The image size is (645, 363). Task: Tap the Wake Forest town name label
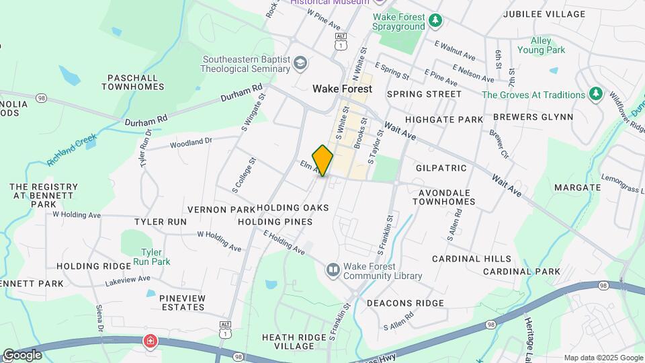click(x=342, y=89)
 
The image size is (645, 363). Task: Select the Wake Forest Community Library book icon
click(x=333, y=270)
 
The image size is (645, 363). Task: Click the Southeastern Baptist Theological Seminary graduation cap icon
click(x=300, y=64)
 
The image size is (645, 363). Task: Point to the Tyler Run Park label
click(x=151, y=257)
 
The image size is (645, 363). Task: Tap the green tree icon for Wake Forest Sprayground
click(x=436, y=22)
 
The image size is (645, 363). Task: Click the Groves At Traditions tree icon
click(x=595, y=95)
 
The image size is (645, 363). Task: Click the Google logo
click(x=21, y=354)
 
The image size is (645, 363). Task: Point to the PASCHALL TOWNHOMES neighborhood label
click(x=133, y=82)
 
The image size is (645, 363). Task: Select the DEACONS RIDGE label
click(x=405, y=303)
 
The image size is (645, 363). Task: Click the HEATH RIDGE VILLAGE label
click(x=295, y=341)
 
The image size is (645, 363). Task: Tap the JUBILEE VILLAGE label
click(x=544, y=14)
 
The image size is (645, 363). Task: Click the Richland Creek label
click(x=72, y=150)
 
